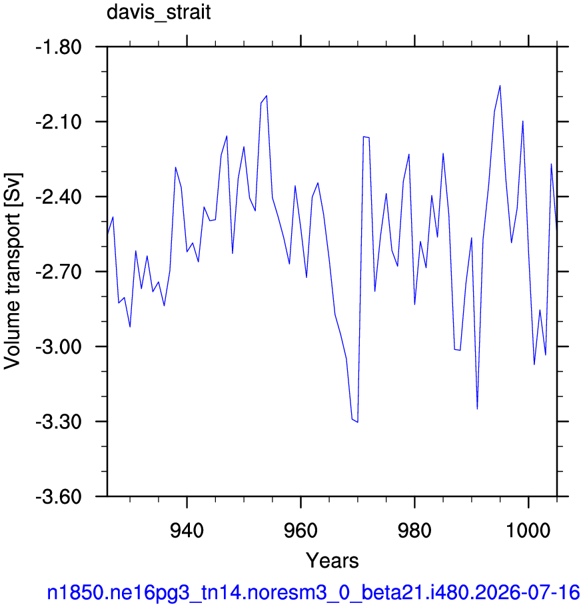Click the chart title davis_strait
pos(159,12)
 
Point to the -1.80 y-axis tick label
pos(59,47)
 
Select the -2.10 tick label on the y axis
pos(59,122)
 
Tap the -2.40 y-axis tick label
pos(59,197)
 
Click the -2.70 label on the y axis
pos(59,272)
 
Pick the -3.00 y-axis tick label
pos(59,346)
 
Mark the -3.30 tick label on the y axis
pos(59,422)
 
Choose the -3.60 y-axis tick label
pos(59,496)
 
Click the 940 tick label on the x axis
pos(187,530)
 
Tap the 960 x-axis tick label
pos(300,530)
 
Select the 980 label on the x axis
pos(414,530)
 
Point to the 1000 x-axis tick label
pos(528,530)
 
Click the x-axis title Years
pos(332,560)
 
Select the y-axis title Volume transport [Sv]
pos(13,271)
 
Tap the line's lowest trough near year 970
pos(358,422)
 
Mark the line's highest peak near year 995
pos(500,85)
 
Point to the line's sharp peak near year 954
pos(267,96)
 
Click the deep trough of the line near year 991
pos(477,409)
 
